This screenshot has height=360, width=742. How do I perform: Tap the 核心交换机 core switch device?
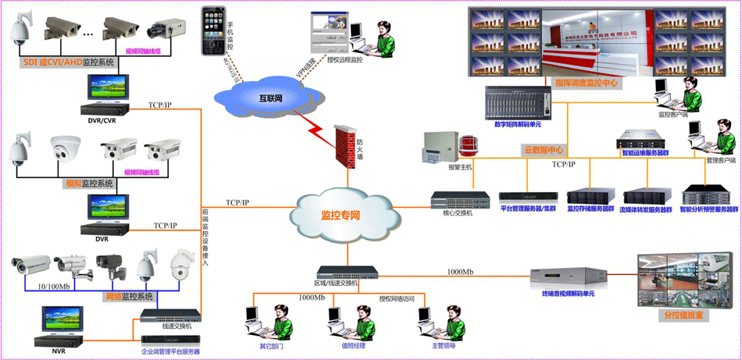point(454,198)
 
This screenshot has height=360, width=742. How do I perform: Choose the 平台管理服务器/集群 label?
point(528,209)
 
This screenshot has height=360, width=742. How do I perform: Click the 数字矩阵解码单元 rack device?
point(513,101)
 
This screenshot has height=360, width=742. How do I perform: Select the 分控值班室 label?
point(683,315)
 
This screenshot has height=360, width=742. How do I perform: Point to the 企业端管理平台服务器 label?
point(169,352)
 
